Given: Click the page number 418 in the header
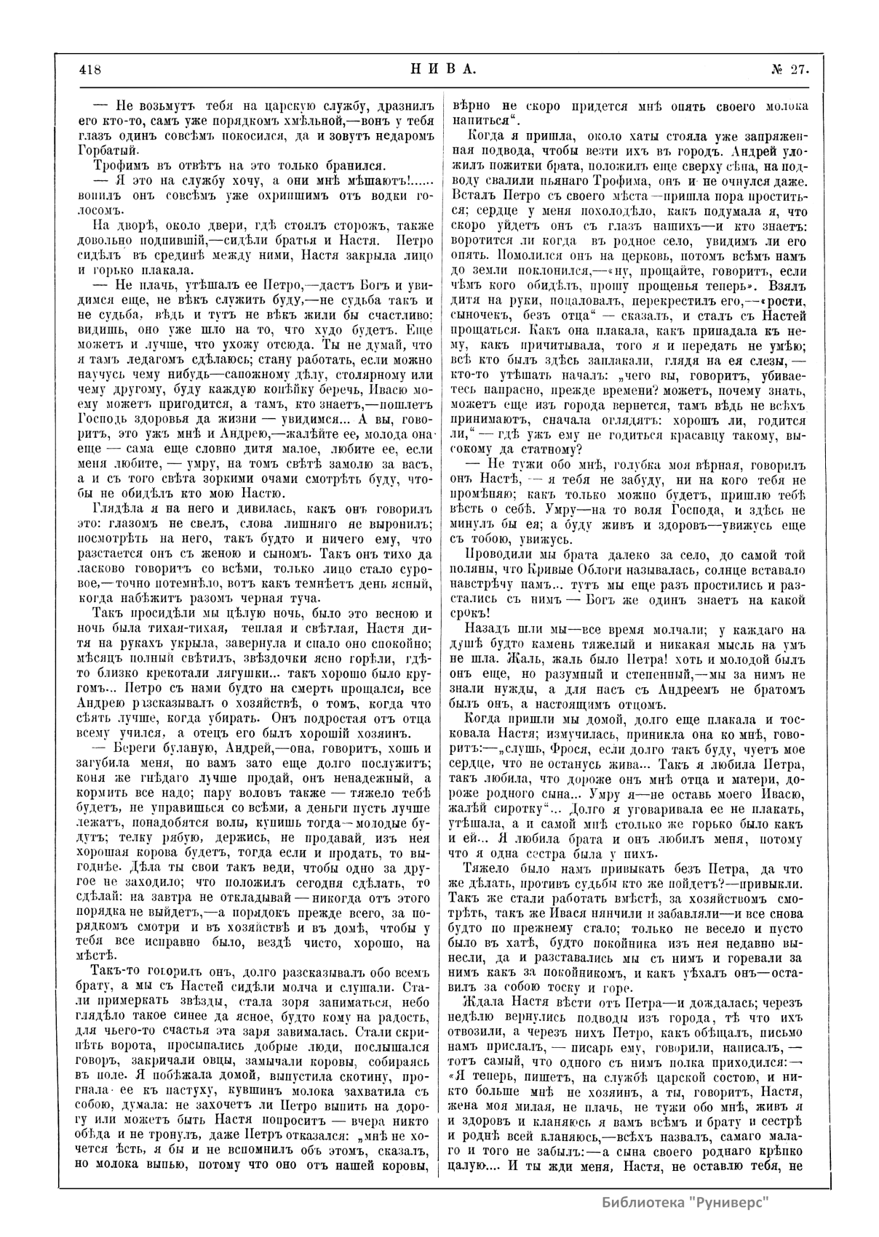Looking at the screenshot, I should pos(90,71).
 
